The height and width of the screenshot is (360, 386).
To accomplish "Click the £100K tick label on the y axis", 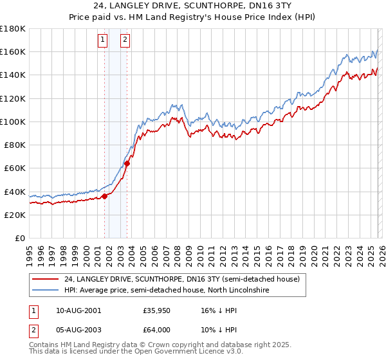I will [13, 122].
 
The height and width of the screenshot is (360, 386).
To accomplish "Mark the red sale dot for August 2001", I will [104, 197].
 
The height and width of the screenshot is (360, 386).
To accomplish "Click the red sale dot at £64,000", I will [127, 164].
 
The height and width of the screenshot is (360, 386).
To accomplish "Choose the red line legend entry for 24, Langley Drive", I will [181, 280].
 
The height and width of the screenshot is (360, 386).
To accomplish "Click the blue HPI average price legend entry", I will [166, 291].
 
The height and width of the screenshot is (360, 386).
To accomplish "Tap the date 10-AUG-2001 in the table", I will [79, 310].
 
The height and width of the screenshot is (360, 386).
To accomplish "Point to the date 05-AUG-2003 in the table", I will [79, 329].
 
